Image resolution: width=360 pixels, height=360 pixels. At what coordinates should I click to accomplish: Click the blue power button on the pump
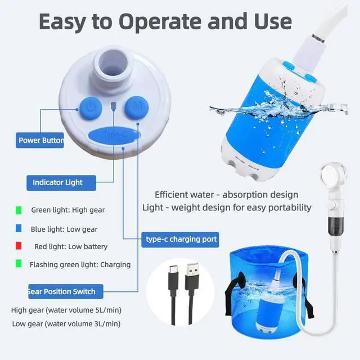point(91,109)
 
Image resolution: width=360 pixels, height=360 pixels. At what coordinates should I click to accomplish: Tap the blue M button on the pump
point(137,107)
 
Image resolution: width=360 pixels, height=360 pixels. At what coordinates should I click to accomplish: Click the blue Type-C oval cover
point(114,136)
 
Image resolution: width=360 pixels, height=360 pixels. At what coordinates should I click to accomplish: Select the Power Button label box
point(40,140)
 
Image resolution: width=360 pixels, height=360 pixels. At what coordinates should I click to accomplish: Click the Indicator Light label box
point(61,183)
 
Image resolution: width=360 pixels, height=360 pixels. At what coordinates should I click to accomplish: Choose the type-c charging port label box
point(180,240)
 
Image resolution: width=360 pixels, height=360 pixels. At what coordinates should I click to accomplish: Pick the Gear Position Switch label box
point(66,291)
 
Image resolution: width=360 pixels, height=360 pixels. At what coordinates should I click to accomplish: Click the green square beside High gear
point(19,210)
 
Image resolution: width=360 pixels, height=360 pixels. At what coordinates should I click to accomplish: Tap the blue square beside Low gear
point(19,228)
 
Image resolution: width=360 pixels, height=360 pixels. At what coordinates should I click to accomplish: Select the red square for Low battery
point(19,246)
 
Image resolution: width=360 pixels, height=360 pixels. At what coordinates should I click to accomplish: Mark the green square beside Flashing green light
point(19,264)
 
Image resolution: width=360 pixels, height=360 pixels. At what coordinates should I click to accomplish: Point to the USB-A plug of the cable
point(192,276)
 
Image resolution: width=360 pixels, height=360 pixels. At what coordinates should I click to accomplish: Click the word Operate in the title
point(160,21)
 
